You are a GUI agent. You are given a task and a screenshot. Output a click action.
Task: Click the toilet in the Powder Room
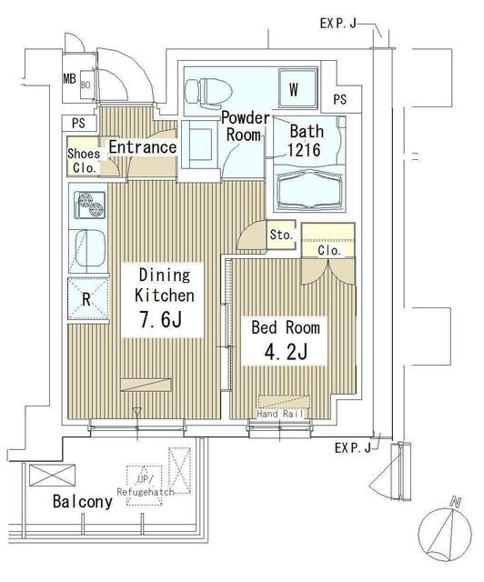click(208, 92)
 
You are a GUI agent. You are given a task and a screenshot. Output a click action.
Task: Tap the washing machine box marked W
click(298, 88)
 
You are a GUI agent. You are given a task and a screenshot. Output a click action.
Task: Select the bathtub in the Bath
click(309, 189)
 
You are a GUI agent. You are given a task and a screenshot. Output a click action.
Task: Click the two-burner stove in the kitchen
click(89, 205)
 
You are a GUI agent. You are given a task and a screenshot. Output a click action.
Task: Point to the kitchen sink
click(90, 248)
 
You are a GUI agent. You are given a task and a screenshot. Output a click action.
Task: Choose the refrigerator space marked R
click(88, 299)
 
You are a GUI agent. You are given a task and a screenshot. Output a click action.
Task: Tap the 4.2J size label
click(286, 352)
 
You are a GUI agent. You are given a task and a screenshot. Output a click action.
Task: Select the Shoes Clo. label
click(84, 161)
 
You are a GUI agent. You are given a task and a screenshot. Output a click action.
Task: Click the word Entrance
click(143, 147)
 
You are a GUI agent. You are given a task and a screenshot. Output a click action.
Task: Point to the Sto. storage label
click(281, 235)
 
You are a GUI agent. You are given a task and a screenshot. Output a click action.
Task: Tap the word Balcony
click(83, 501)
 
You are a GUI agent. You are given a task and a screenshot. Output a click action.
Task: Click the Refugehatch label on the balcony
click(146, 492)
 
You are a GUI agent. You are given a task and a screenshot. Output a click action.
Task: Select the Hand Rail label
click(280, 414)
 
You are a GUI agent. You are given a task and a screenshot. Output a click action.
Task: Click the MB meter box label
click(69, 79)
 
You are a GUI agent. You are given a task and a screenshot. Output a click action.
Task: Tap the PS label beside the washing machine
click(340, 99)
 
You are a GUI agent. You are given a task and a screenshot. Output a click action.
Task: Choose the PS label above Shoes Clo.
click(78, 123)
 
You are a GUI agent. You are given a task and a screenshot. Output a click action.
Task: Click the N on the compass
click(455, 503)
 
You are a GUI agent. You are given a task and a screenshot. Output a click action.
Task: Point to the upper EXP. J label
click(338, 24)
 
